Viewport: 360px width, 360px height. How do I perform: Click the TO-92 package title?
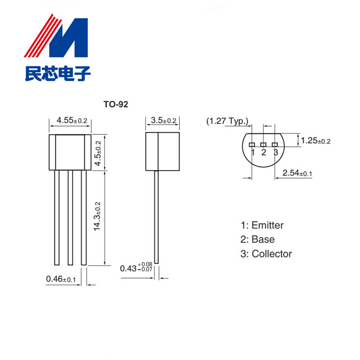click(116, 104)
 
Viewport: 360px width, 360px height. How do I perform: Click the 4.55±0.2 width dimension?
click(72, 121)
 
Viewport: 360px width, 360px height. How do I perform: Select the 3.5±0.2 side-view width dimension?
click(163, 121)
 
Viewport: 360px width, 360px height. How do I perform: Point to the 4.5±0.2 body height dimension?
click(99, 153)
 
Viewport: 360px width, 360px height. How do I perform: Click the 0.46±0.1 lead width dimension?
click(61, 279)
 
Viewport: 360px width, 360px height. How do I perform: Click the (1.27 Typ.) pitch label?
click(228, 121)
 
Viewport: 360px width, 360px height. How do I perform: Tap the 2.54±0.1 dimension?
click(297, 173)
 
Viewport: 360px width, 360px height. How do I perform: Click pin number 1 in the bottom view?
click(253, 152)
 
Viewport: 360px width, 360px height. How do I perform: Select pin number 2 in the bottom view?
click(264, 152)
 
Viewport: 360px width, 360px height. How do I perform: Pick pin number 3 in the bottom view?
click(275, 152)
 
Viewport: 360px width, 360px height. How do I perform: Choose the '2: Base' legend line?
click(257, 239)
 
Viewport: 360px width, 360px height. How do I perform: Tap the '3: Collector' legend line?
click(266, 254)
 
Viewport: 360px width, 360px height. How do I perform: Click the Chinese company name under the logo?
click(57, 73)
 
